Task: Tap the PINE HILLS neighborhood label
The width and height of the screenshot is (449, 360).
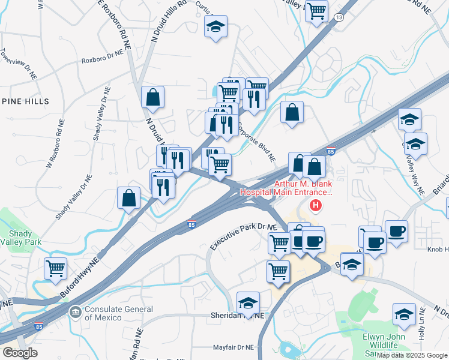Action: coord(25,101)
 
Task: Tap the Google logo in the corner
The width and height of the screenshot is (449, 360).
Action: coord(20,352)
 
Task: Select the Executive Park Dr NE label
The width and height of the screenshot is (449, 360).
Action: coord(244,237)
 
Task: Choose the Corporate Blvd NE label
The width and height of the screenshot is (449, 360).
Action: coord(256,143)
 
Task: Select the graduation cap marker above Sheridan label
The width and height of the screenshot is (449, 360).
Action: coord(248,302)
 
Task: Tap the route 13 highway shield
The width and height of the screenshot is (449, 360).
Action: coord(340,18)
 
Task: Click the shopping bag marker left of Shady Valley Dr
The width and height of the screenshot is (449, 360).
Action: coord(129,197)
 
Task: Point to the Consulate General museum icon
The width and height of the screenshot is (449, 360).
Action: coord(75,311)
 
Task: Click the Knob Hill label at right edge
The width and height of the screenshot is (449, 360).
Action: coord(438,250)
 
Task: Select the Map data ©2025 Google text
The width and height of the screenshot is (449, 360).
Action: coord(412,355)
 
